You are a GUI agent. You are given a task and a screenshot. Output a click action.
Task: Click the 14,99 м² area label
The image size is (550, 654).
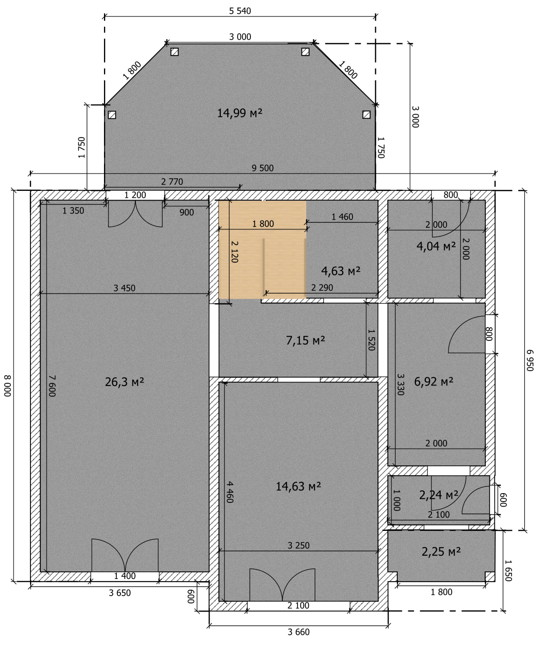pos(240,113)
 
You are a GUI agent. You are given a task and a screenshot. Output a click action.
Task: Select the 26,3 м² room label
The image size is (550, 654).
pos(125,382)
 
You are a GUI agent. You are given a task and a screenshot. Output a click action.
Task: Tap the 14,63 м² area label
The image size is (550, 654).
pos(298,487)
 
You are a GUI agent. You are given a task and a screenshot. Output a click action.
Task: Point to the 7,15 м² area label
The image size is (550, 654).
pos(305,341)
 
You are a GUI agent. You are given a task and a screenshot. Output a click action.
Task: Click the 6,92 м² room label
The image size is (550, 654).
pos(434,382)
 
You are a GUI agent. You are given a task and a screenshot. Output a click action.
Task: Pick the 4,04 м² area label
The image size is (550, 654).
pos(436,247)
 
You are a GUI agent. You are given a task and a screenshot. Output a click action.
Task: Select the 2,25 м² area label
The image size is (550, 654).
pos(441,552)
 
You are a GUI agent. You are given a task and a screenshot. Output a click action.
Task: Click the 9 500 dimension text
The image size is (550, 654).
pos(263,168)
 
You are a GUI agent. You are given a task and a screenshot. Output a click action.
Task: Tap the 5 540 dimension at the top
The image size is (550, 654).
pos(240,11)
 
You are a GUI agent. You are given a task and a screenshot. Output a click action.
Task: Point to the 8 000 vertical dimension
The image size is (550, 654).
pos(8,386)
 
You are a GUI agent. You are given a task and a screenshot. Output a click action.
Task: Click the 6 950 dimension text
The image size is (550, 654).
pos(530,360)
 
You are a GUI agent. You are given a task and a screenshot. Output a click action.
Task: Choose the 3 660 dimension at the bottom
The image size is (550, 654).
pos(299,632)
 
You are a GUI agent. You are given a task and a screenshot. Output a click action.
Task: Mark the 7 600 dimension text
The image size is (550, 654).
pos(52,386)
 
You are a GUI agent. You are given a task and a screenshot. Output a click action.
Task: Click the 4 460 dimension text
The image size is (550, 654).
pos(230,492)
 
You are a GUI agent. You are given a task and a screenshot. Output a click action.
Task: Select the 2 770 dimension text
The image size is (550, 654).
pos(172,182)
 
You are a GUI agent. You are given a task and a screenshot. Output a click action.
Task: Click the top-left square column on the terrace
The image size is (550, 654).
pos(175,52)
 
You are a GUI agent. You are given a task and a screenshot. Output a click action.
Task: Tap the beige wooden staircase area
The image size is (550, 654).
pos(262,250)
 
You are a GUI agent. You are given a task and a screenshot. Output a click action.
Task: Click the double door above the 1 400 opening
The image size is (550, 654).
pos(125,555)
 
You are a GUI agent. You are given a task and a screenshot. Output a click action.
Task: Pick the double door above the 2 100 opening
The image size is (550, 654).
pos(282,585)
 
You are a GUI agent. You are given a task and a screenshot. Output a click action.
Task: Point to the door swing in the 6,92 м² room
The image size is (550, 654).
pos(467,335)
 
